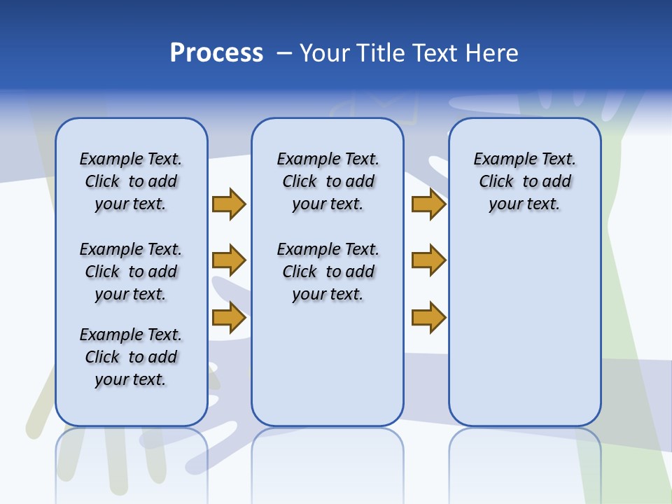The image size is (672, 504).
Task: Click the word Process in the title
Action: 216,53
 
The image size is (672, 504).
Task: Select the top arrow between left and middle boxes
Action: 229,204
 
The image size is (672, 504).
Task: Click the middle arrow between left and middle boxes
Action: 229,260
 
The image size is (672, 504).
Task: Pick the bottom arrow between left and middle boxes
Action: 229,317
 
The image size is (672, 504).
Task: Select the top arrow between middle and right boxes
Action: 428,204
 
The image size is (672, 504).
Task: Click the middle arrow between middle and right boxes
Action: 428,260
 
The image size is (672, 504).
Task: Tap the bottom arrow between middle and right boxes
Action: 428,317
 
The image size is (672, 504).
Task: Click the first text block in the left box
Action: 131,181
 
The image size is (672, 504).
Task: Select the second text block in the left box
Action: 131,272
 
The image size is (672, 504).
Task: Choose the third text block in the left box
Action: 131,357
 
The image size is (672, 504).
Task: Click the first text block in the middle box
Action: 328,181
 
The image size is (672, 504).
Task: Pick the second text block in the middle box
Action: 328,272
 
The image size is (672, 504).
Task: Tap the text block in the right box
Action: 524,181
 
